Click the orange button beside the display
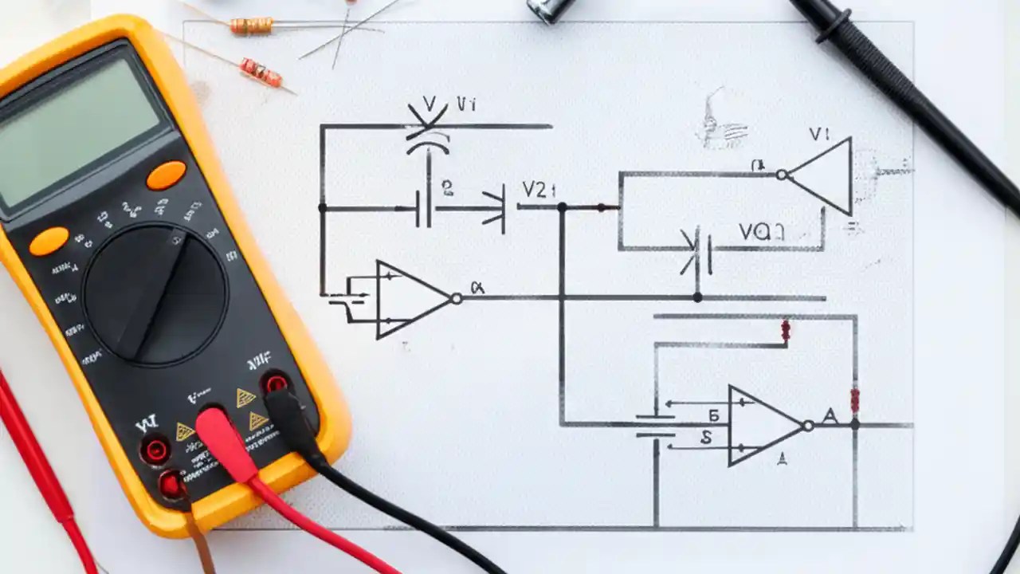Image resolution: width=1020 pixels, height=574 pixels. point(166,175)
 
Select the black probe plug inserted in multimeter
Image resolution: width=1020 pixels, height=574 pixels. point(287,415)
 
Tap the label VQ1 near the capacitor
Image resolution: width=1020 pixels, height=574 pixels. point(761,232)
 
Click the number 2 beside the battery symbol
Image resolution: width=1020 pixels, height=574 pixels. point(447,188)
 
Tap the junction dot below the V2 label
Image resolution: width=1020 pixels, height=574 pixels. point(562,207)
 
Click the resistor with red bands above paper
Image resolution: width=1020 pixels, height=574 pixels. point(261,73)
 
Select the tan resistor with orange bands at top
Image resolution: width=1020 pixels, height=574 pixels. point(251,26)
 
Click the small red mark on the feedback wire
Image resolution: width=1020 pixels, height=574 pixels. point(786,331)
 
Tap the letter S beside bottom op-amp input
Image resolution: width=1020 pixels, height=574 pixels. point(706,437)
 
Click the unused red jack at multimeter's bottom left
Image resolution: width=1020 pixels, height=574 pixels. point(155,450)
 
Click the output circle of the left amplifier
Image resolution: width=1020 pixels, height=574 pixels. point(456,298)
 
